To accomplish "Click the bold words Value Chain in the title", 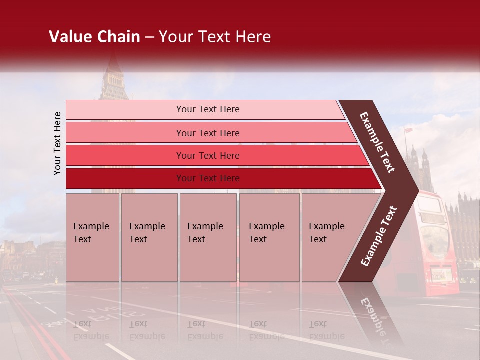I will coord(94,37).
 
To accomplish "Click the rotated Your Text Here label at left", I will coord(57,143).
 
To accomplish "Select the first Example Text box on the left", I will coord(92,237).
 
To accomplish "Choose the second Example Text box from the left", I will coord(149,237).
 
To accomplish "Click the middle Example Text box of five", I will coord(208,237).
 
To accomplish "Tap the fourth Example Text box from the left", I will coord(269,237).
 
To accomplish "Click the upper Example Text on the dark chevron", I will coord(377,142).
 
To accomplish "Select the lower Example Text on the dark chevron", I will coord(378,236).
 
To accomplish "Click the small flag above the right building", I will coord(408,130).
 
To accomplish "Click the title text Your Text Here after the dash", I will coord(215,37).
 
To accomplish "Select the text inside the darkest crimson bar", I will coord(208,178).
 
